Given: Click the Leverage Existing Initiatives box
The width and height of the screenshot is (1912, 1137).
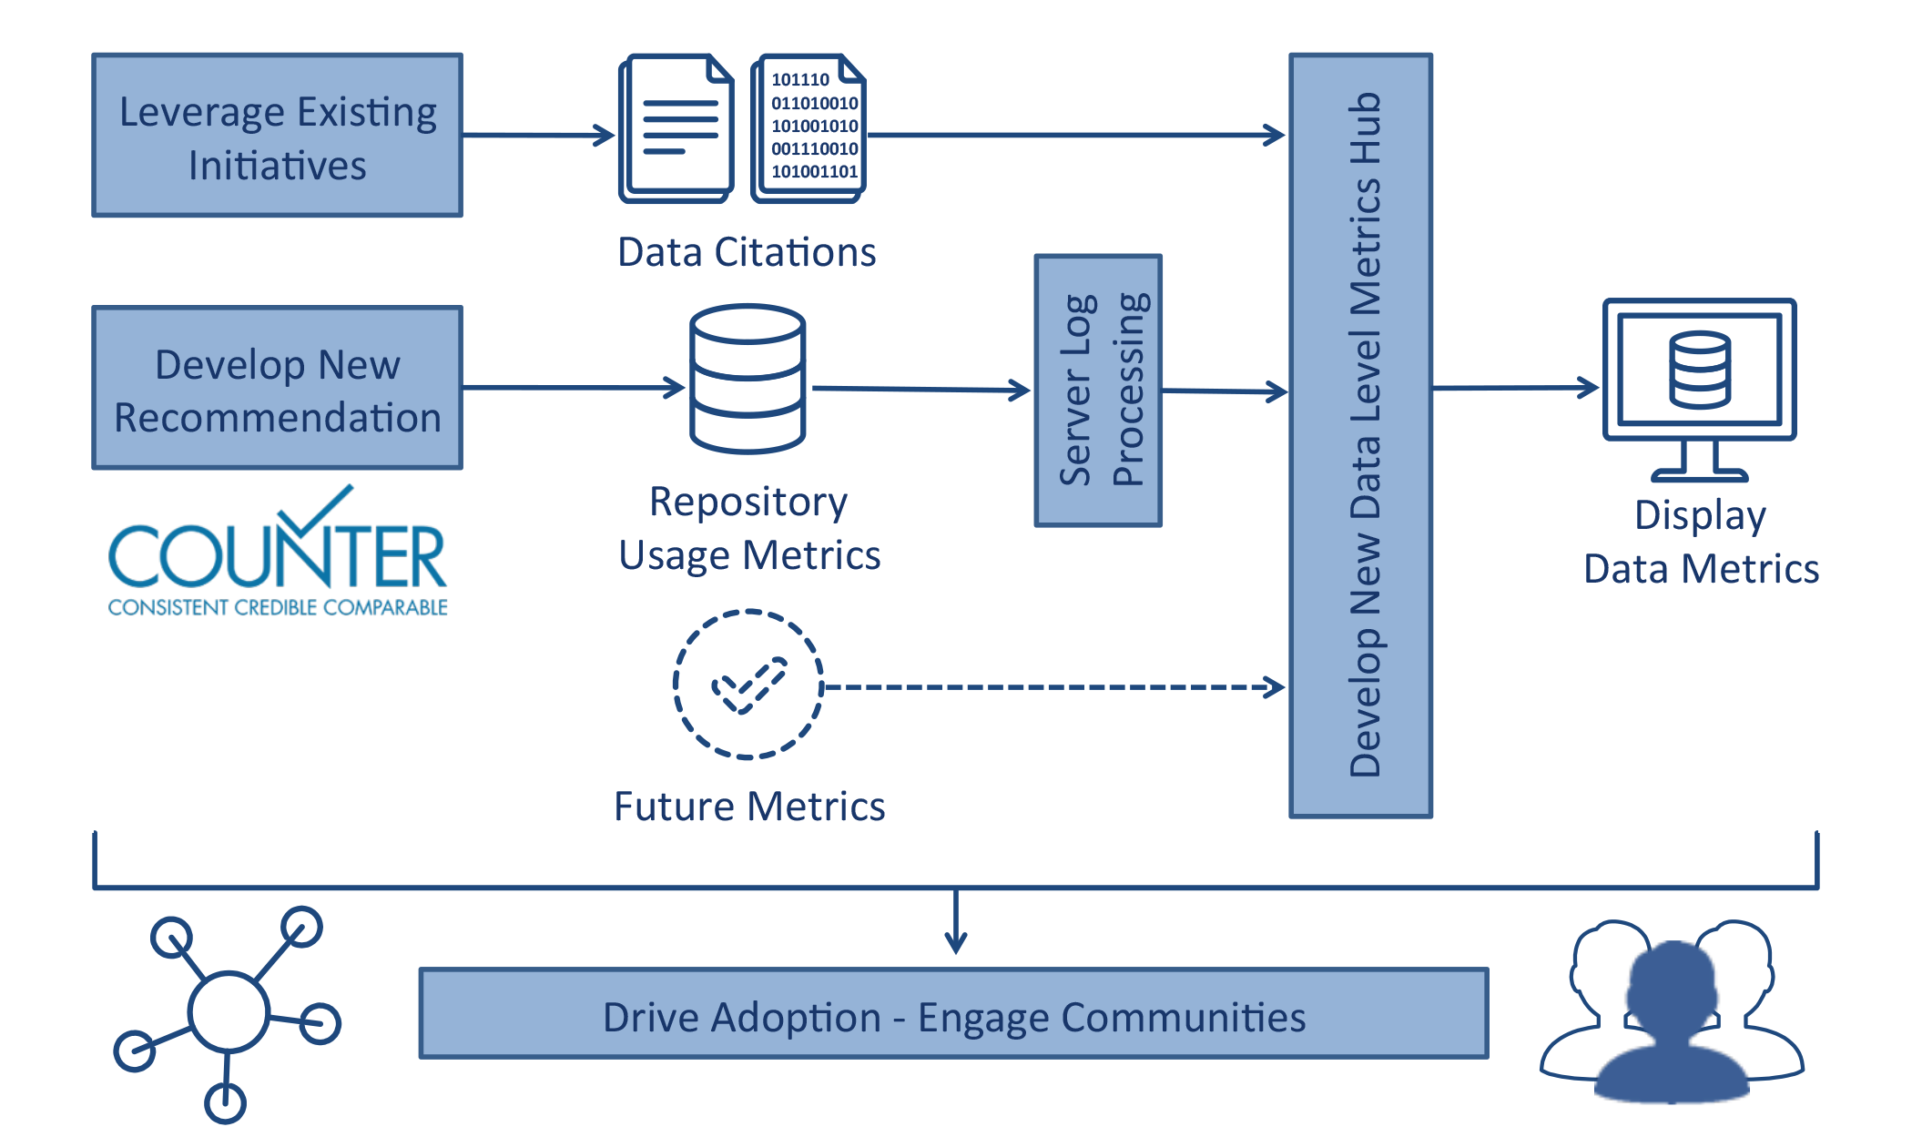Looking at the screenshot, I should click(278, 136).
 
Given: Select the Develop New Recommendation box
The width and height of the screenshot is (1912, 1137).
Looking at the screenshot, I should click(278, 389).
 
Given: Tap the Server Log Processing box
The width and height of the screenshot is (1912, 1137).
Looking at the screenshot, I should click(1098, 391).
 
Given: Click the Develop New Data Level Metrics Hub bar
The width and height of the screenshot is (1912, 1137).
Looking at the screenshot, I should click(1361, 436).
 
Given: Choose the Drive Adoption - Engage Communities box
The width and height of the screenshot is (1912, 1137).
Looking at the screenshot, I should click(953, 1014).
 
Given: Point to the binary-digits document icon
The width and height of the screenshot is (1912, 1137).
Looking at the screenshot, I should click(809, 127).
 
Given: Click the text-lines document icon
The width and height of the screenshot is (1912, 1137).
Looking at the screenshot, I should click(676, 127).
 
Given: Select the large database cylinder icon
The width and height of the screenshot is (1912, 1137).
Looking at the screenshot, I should click(748, 380).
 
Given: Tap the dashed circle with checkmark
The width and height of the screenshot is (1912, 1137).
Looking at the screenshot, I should click(748, 684).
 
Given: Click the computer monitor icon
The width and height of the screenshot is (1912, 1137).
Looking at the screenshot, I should click(1699, 387).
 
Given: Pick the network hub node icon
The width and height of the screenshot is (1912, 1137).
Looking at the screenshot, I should click(229, 1011).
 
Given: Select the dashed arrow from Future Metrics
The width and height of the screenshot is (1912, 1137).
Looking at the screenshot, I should click(1052, 687).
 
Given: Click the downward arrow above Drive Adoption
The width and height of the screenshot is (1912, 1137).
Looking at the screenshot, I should click(955, 921).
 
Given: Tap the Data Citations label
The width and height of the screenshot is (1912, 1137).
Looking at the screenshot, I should click(747, 252).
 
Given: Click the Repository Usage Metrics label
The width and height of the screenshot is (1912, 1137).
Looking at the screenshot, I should click(749, 528).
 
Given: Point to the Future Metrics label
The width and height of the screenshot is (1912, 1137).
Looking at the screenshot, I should click(749, 807).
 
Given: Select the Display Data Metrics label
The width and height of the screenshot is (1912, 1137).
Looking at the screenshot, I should click(1700, 542).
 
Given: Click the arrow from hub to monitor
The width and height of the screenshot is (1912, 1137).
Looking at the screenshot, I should click(1515, 388).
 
